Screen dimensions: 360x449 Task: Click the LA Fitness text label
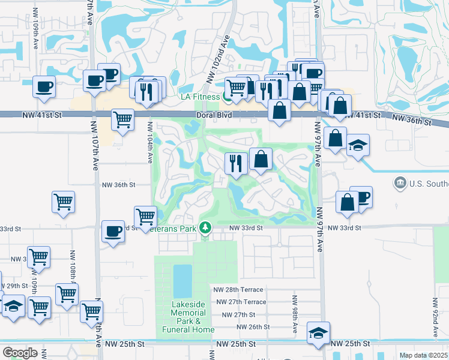pyautogui.click(x=201, y=97)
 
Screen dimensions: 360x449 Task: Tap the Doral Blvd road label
pyautogui.click(x=209, y=115)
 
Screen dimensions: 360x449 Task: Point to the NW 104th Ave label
pyautogui.click(x=149, y=142)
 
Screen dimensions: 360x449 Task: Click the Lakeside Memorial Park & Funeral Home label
pyautogui.click(x=188, y=317)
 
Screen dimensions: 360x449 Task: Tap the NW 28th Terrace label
pyautogui.click(x=239, y=289)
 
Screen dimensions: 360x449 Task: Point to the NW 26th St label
pyautogui.click(x=253, y=327)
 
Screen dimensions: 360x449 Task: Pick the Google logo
pyautogui.click(x=20, y=353)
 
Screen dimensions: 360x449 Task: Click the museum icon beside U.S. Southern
pyautogui.click(x=400, y=182)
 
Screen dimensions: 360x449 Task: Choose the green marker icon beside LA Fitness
pyautogui.click(x=228, y=96)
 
